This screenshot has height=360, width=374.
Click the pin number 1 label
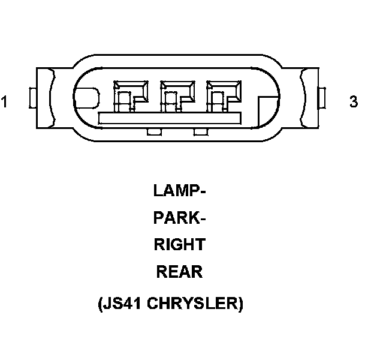click(x=5, y=102)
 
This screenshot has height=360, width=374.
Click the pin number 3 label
click(x=354, y=102)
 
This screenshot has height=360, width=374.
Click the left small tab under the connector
click(x=153, y=131)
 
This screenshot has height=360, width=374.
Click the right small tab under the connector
click(x=200, y=131)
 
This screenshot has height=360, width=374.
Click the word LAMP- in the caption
click(x=179, y=191)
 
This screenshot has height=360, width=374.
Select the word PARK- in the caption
click(x=179, y=218)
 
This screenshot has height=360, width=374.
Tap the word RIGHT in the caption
click(x=179, y=245)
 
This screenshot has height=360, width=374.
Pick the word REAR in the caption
click(x=179, y=272)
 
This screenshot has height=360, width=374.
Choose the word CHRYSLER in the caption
click(x=195, y=304)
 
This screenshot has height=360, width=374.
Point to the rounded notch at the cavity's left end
click(x=86, y=98)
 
